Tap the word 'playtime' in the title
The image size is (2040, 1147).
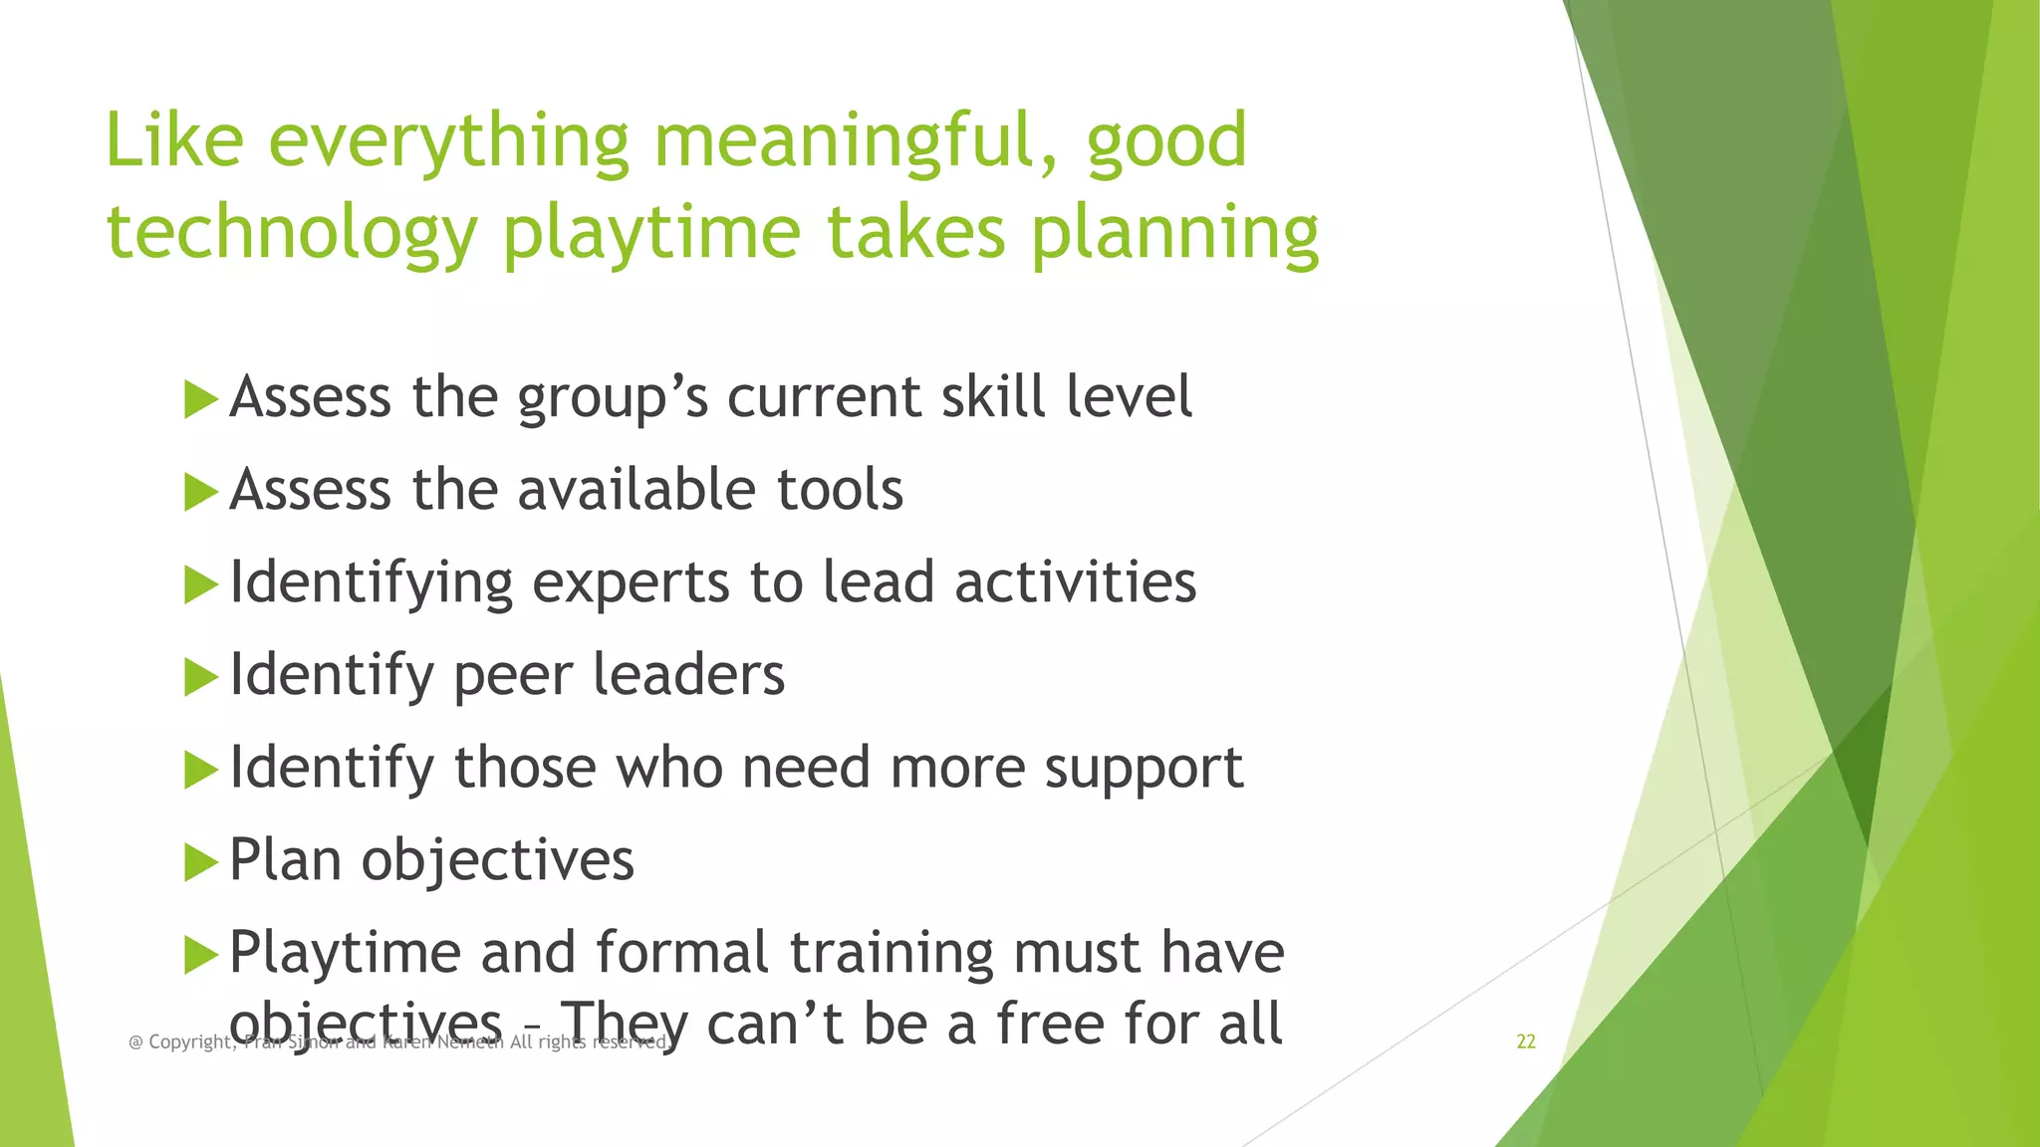[651, 234]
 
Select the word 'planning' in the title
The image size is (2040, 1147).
[1174, 234]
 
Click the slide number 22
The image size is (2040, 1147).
[1525, 1041]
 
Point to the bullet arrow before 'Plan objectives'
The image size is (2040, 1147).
[200, 862]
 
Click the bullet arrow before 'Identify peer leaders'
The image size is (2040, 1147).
[200, 678]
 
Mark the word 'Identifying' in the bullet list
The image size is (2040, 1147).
[371, 582]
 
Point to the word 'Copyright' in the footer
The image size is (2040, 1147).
[190, 1042]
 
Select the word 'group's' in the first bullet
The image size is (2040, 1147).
[614, 398]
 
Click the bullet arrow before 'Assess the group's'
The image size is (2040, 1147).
[200, 400]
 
